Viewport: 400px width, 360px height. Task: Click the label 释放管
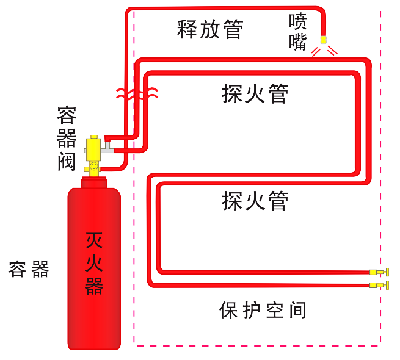coord(210,29)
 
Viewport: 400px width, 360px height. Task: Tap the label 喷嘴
coord(298,33)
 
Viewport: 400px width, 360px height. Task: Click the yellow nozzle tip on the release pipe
coord(323,41)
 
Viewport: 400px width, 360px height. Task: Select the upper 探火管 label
coord(254,93)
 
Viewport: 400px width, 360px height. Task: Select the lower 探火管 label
coord(254,200)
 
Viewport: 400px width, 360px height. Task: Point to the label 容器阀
coord(65,138)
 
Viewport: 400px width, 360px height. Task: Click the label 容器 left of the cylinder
coord(29,268)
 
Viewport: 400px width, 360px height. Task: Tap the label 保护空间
coord(262,311)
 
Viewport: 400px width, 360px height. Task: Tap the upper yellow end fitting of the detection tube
coord(380,272)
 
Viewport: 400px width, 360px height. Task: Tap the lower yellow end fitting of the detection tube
coord(380,285)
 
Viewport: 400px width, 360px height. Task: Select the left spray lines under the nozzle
coord(316,52)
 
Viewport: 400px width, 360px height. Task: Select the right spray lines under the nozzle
coord(332,52)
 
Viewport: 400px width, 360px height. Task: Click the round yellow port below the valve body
coord(93,166)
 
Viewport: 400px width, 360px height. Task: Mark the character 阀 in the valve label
coord(65,161)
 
